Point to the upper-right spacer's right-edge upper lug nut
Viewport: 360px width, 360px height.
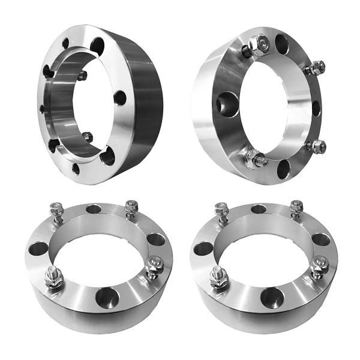click(317, 68)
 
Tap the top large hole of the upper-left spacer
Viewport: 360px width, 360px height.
click(97, 44)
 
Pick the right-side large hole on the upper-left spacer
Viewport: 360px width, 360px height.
click(120, 97)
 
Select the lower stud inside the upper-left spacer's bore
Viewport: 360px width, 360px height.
click(88, 137)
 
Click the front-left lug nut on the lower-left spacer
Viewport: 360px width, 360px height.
click(53, 278)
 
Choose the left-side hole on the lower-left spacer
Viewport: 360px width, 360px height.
click(38, 247)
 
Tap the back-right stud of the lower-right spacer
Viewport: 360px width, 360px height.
click(296, 208)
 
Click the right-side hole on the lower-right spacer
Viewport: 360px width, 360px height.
click(321, 239)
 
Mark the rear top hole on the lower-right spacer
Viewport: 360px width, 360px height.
click(259, 209)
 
